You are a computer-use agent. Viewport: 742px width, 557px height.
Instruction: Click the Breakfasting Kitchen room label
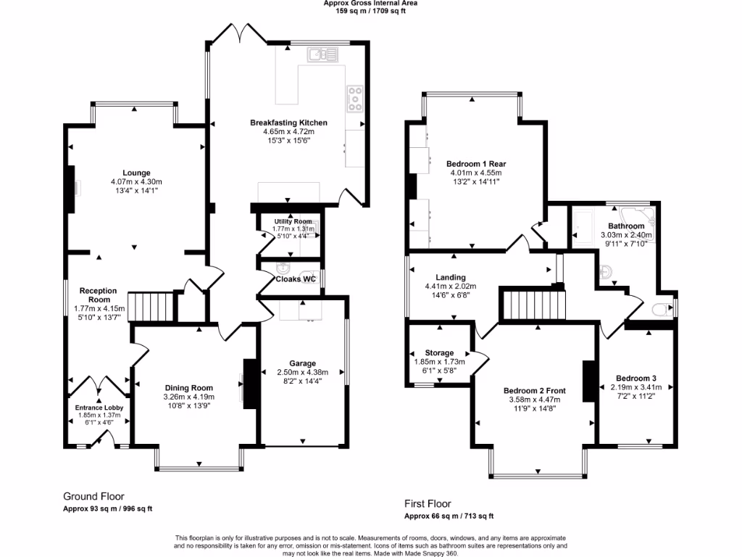point(288,123)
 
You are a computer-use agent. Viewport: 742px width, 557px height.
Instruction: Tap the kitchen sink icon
point(322,54)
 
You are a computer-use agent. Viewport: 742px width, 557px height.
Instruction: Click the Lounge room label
point(136,173)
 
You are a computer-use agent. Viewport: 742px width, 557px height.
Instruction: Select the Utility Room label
point(293,221)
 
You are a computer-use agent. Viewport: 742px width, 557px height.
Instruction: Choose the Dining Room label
point(188,388)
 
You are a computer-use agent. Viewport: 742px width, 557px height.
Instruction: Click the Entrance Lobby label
point(99,408)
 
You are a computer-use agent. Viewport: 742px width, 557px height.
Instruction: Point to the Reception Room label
point(99,295)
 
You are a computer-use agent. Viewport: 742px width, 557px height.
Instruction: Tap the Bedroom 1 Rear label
point(470,164)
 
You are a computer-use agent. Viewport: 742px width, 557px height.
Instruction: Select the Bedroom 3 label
point(636,378)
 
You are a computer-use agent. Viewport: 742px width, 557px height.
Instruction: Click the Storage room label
point(439,352)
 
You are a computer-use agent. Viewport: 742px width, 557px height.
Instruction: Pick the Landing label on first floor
point(450,277)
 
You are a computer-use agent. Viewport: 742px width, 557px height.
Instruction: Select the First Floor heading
point(428,503)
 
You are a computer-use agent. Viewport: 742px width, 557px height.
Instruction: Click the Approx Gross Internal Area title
point(370,4)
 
